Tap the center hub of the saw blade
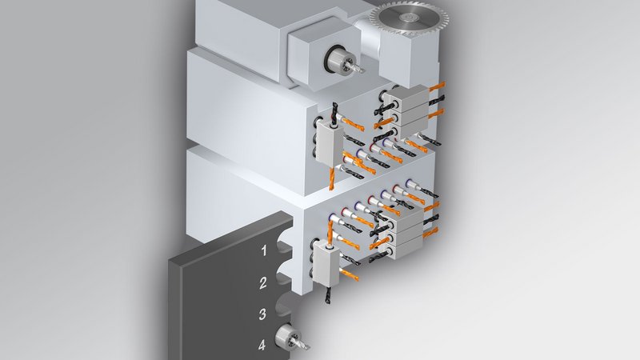tap(406, 17)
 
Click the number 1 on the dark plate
tap(264, 250)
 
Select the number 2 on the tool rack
tap(263, 282)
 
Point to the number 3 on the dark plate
tap(262, 314)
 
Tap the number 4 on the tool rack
tap(262, 345)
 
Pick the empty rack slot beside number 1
tap(285, 247)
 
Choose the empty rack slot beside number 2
tap(285, 278)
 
